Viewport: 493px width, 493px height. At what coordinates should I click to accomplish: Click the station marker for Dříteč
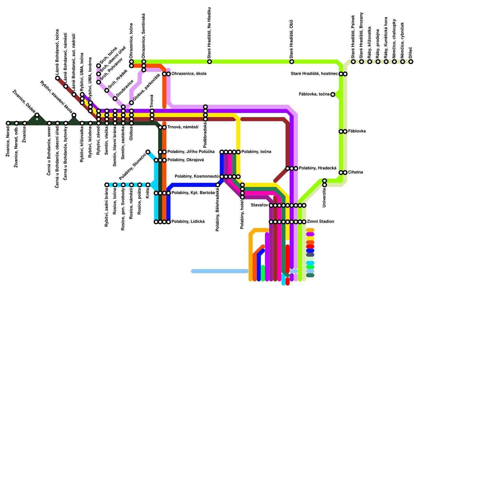pyautogui.click(x=411, y=62)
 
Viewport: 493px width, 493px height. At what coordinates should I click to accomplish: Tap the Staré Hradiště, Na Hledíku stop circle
pyautogui.click(x=210, y=62)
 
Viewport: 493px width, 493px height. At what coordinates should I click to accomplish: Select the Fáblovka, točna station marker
pyautogui.click(x=332, y=94)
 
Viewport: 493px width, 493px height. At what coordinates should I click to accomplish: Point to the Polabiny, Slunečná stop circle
pyautogui.click(x=148, y=152)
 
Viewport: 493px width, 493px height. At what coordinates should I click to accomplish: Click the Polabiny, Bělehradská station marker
pyautogui.click(x=218, y=185)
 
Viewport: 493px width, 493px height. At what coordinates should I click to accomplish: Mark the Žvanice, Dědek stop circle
pyautogui.click(x=37, y=115)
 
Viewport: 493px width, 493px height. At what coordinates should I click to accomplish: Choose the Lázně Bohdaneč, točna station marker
pyautogui.click(x=58, y=78)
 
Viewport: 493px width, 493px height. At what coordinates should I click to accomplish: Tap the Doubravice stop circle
pyautogui.click(x=115, y=99)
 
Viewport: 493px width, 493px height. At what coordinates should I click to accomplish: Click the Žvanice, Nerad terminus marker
pyautogui.click(x=8, y=123)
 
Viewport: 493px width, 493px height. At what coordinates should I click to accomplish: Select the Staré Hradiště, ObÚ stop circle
pyautogui.click(x=291, y=62)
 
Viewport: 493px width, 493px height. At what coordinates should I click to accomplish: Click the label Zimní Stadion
pyautogui.click(x=320, y=222)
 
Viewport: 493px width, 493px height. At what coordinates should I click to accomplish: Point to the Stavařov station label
pyautogui.click(x=259, y=205)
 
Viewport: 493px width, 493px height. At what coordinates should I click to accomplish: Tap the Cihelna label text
pyautogui.click(x=355, y=173)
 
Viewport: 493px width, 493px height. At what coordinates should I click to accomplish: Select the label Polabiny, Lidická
pyautogui.click(x=188, y=222)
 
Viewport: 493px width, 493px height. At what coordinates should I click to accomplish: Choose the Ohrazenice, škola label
pyautogui.click(x=189, y=74)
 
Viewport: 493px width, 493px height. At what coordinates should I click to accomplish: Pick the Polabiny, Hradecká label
pyautogui.click(x=317, y=168)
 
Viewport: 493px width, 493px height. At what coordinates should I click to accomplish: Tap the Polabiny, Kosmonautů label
pyautogui.click(x=197, y=177)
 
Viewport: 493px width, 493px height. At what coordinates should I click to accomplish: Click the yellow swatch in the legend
pyautogui.click(x=310, y=238)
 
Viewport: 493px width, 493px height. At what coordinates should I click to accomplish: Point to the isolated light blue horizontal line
pyautogui.click(x=220, y=271)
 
